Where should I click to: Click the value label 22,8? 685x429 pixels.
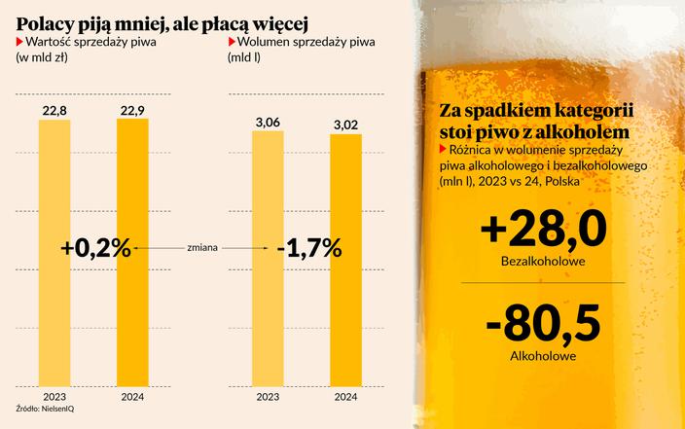(x=54, y=111)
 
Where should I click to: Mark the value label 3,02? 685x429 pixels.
(x=344, y=125)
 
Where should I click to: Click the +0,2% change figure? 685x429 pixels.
(x=95, y=248)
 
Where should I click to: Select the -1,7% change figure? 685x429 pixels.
(x=308, y=248)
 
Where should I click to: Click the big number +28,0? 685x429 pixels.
(x=543, y=231)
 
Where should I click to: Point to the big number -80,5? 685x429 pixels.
(x=543, y=323)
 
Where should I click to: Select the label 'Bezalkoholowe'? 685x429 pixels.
(x=543, y=263)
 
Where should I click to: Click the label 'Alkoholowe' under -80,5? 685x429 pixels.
(x=543, y=357)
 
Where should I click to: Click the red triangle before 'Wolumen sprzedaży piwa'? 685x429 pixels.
(x=230, y=43)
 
